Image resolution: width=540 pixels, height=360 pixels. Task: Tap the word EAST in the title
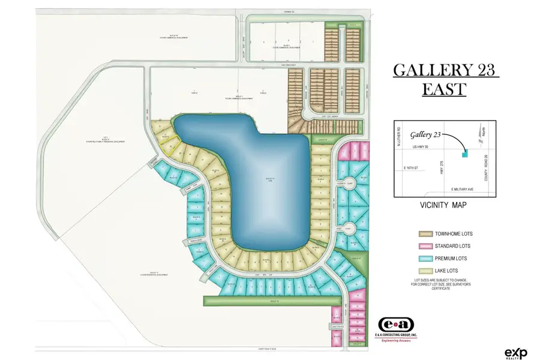(444, 89)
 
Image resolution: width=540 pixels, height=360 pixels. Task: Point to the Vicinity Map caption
(444, 205)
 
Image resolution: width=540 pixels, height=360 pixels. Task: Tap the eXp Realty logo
(515, 352)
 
